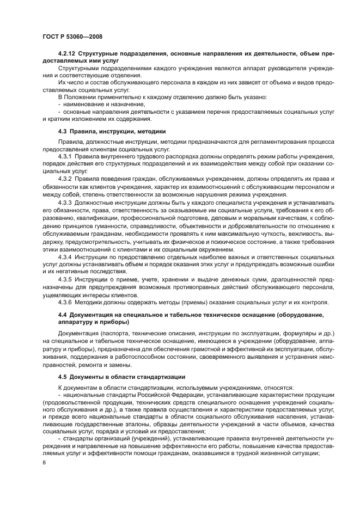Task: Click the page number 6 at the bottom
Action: pyautogui.click(x=44, y=462)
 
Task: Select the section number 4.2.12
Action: pyautogui.click(x=68, y=55)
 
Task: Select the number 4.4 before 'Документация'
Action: pyautogui.click(x=63, y=315)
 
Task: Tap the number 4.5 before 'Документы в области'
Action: pyautogui.click(x=63, y=377)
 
